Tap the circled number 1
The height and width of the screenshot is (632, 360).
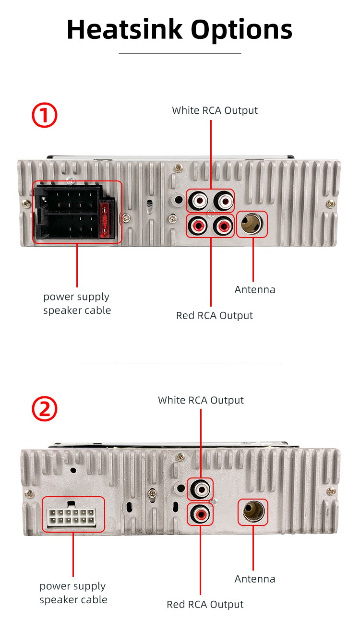[45, 116]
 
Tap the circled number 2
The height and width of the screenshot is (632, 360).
[45, 409]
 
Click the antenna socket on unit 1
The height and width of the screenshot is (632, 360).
[252, 224]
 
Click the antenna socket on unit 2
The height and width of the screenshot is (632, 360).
[252, 513]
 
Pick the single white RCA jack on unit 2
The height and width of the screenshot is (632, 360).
[200, 489]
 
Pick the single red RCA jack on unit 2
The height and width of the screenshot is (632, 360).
[200, 514]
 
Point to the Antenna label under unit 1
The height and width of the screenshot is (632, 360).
[255, 289]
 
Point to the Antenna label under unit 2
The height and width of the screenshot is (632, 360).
[255, 579]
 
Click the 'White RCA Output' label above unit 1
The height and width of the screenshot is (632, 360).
[215, 110]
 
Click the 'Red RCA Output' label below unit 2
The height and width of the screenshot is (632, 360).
[205, 604]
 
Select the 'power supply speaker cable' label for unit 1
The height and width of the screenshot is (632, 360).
[77, 303]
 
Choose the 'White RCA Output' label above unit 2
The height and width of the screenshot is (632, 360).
[201, 400]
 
